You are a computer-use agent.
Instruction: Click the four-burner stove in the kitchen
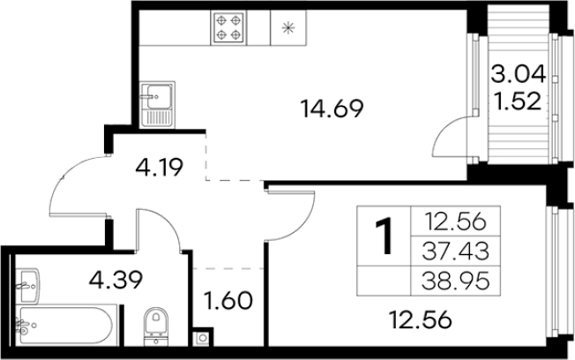tap(228, 27)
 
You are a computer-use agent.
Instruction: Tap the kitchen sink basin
tap(159, 97)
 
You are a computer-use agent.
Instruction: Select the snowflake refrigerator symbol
tap(288, 27)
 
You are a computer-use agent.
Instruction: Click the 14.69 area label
tap(332, 109)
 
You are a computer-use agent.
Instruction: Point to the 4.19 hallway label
tap(159, 168)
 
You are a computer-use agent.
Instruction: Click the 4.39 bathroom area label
tap(116, 280)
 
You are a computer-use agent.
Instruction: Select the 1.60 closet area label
tap(228, 301)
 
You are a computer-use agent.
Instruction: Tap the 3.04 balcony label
tap(519, 74)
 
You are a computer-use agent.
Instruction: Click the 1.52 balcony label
tap(518, 101)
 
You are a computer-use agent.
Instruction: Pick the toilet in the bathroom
tap(156, 326)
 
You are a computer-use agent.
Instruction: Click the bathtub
tap(66, 325)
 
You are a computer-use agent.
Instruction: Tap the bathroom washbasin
tap(27, 286)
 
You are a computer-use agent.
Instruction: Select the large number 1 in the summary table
tap(384, 236)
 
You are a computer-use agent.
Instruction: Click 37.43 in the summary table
tap(455, 251)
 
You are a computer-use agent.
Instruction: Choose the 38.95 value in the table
tap(455, 281)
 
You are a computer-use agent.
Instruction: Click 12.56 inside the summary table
tap(455, 221)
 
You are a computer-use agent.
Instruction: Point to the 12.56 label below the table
tap(420, 319)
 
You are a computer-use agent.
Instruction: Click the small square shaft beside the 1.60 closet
tap(202, 338)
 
